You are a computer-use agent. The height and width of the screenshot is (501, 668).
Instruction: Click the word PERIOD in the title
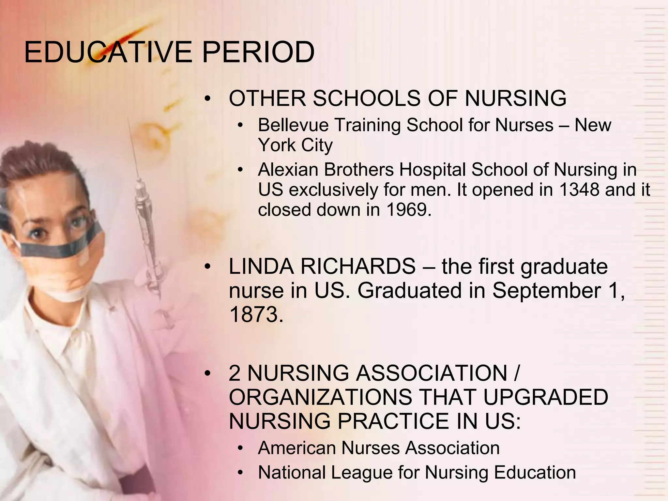tap(258, 52)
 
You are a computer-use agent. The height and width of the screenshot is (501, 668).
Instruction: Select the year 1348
tap(579, 190)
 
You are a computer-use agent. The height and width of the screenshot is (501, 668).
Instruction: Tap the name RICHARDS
tap(358, 266)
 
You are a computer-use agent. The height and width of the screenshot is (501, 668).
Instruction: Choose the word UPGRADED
tap(545, 397)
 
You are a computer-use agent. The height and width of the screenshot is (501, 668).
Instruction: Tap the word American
tap(296, 448)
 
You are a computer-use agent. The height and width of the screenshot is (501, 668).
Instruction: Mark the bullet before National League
tap(240, 473)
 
